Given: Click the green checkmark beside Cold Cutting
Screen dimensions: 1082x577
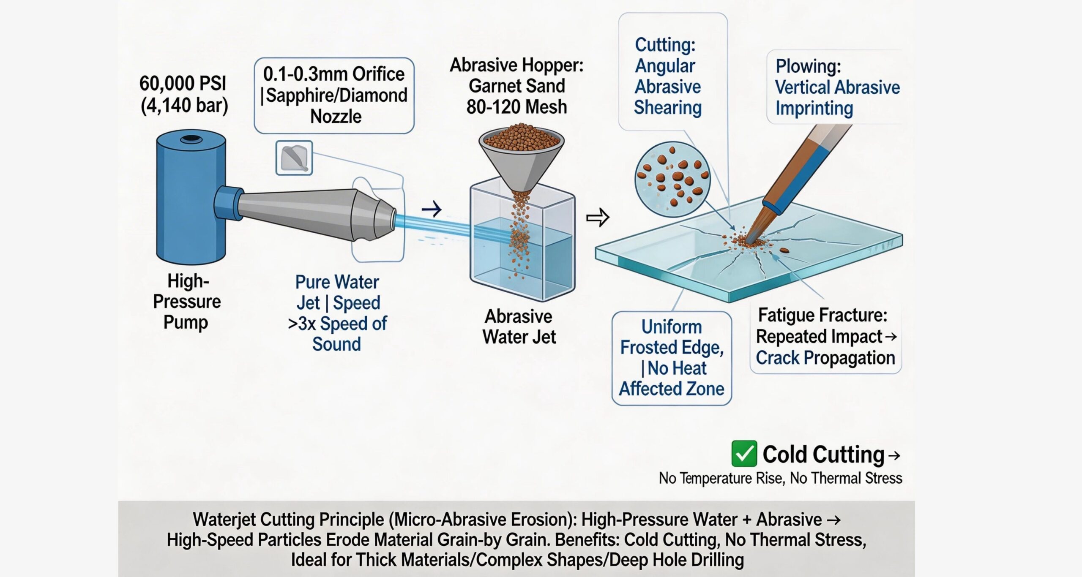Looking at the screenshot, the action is [744, 454].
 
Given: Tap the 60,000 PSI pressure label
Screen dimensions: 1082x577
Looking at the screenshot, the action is [183, 83].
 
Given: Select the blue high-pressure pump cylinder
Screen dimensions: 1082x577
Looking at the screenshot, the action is [191, 197].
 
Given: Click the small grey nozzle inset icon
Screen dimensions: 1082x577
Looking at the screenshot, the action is [294, 158].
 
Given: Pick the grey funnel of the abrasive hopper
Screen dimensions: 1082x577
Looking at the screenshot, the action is [521, 161].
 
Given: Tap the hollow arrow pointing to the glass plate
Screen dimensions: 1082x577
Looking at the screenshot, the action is [598, 218].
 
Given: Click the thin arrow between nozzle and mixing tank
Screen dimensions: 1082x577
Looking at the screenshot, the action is [432, 209].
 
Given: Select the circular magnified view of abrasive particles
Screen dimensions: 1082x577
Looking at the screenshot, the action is [672, 180].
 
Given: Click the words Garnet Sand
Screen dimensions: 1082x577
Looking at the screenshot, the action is [516, 86].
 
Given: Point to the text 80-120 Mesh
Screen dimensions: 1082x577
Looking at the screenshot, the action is [516, 107].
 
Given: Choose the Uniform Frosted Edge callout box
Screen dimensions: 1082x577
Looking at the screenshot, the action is [672, 358].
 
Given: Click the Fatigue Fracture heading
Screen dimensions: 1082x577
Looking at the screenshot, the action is [822, 315].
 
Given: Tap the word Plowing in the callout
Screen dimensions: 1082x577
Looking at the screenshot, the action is [808, 66].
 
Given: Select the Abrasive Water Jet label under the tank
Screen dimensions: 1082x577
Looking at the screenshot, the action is [519, 327].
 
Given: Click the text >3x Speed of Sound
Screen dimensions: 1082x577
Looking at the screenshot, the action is [337, 334].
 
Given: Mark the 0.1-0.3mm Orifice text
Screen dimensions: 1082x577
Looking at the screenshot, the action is [333, 74].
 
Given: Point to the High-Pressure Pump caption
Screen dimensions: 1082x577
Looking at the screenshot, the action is [187, 301].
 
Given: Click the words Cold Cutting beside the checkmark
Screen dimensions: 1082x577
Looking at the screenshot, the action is [823, 455].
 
